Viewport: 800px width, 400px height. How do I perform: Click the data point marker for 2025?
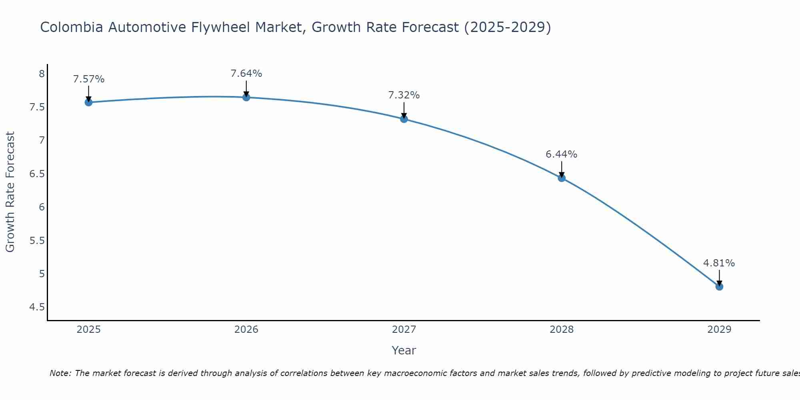coord(88,102)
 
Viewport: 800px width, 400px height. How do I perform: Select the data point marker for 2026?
coord(246,97)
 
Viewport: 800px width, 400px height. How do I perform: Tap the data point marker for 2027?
coord(404,119)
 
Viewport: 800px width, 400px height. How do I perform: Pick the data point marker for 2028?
coord(561,178)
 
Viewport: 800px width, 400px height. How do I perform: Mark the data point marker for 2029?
coord(719,286)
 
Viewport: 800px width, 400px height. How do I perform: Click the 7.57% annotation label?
coord(88,79)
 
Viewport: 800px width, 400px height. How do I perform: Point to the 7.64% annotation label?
coord(246,74)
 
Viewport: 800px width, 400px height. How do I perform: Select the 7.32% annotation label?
coord(404,95)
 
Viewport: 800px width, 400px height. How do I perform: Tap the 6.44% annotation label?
coord(561,154)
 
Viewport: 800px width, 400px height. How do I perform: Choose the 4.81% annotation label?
coord(719,263)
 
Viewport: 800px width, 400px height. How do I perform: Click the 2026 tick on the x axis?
coord(246,330)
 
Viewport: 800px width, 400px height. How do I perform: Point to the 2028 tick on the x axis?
coord(561,330)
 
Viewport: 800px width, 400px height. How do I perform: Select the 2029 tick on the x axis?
coord(719,330)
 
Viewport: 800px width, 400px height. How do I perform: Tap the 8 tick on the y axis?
coord(41,74)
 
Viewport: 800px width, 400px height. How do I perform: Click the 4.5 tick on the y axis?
coord(37,307)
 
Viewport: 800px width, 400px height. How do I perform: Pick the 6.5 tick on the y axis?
coord(37,174)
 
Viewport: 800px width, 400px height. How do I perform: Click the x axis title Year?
coord(404,350)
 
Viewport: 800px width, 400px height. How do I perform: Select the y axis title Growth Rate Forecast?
coord(10,192)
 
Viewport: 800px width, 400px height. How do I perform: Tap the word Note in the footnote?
coord(60,373)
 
